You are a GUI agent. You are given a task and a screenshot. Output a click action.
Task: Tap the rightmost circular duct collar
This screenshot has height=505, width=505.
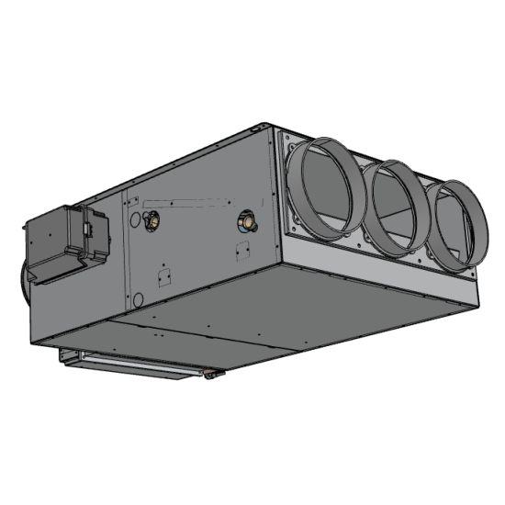click(x=456, y=224)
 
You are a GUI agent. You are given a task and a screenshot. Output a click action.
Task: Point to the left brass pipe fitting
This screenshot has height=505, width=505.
click(x=151, y=219)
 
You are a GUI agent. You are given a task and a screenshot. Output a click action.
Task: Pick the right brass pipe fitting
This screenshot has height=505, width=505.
click(x=245, y=220)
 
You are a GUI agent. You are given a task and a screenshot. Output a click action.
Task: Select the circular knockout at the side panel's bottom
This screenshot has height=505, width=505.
click(x=138, y=298)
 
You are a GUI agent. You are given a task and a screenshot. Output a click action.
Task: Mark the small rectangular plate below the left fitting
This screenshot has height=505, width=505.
click(x=163, y=276)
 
